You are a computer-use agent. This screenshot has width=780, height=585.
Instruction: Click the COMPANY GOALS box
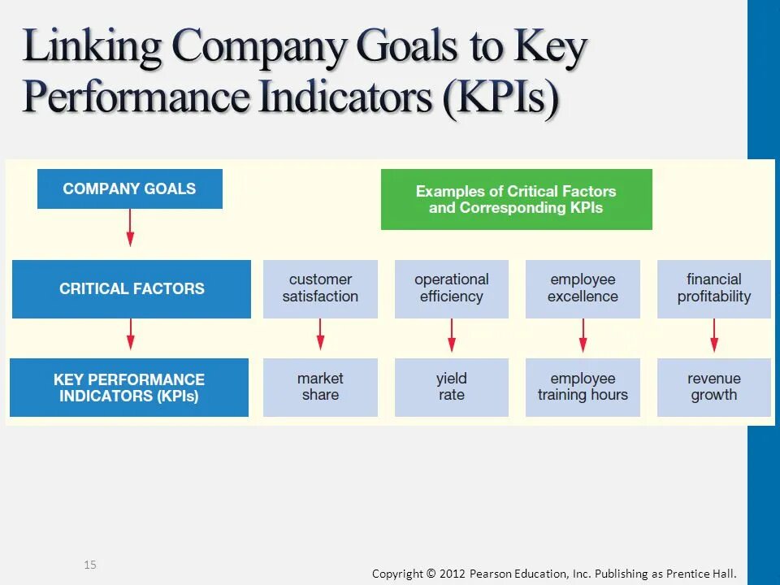coord(130,189)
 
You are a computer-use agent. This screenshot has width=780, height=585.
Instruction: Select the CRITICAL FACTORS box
coord(132,288)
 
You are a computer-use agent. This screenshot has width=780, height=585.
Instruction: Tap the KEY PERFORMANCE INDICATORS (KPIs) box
coord(129,388)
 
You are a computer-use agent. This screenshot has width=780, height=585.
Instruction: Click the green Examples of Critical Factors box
coord(516,199)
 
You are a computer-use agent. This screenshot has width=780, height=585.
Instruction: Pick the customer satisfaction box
coord(320,288)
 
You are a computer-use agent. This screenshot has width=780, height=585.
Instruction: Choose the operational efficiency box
coord(452,288)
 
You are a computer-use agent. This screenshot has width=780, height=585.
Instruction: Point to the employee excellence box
coord(583,288)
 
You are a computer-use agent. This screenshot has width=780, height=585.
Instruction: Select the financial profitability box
coord(714,288)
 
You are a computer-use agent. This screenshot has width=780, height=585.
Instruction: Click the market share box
coord(320,388)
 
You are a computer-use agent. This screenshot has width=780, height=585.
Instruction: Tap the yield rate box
coord(452,388)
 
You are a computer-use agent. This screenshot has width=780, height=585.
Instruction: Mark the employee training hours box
coord(583,388)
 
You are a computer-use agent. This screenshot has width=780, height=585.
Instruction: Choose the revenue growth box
coord(714,388)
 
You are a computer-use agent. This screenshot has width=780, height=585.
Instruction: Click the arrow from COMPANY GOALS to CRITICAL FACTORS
coord(130,228)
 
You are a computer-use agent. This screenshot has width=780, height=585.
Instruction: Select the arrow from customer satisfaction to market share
coord(320,334)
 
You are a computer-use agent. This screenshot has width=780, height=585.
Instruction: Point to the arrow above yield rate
coord(452,335)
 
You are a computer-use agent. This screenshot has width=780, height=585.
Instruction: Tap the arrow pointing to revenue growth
coord(714,335)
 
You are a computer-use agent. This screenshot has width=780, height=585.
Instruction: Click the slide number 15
coord(90,565)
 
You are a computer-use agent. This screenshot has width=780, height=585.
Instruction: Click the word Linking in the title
coord(93,47)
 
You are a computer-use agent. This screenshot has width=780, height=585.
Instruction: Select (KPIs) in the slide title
coord(502,98)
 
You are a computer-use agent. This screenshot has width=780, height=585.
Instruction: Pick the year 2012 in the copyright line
coord(453,574)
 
